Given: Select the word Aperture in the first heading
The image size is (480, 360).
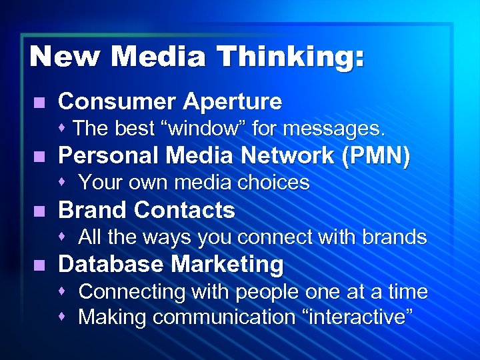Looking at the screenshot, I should click(x=232, y=102).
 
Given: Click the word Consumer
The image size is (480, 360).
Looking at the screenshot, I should click(x=117, y=102).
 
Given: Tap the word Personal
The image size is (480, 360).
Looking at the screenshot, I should click(x=109, y=156).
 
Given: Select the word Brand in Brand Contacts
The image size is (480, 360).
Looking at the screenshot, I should click(x=93, y=211).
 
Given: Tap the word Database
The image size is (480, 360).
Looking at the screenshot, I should click(x=111, y=265).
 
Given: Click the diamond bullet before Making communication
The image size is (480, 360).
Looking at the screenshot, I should click(x=63, y=317).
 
